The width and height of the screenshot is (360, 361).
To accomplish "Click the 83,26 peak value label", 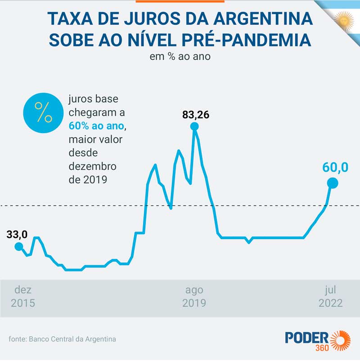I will coord(196,115).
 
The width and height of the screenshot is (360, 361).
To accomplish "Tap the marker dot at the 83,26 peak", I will coord(194,126).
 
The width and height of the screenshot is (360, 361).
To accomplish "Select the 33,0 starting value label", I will coord(17,234).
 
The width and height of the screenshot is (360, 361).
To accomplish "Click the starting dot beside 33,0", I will coord(18,246).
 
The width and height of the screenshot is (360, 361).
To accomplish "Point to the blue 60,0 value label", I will coord(335,167).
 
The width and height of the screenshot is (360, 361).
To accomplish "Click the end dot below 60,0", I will coord(333,183).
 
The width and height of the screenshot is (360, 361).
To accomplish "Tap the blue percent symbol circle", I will coord(44,112).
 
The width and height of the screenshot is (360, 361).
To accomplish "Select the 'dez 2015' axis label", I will coord(23,296).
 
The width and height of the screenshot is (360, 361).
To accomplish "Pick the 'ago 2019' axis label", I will coord(194,296).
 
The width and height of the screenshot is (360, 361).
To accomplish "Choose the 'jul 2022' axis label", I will coord(330,296).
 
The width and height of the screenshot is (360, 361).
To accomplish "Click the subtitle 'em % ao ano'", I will coord(180,57).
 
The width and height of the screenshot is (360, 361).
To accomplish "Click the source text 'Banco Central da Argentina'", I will coord(72,339).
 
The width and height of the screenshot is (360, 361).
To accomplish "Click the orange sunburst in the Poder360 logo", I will coord(341,342).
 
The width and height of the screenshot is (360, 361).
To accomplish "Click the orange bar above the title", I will coord(180,1).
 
